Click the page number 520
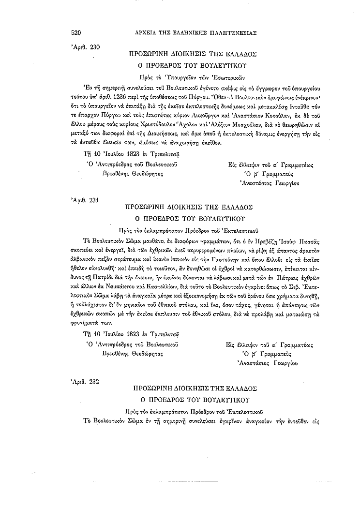75,33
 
